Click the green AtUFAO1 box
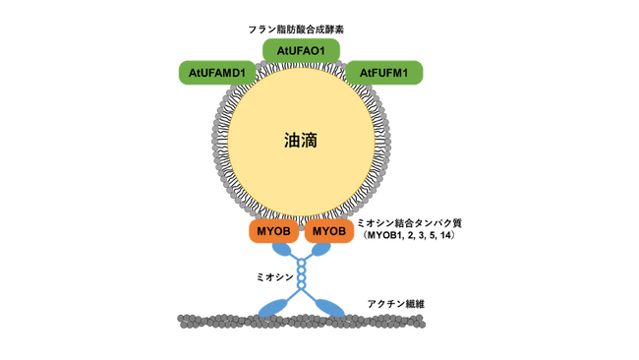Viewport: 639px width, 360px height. (301, 50)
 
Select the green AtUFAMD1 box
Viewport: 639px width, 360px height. (217, 73)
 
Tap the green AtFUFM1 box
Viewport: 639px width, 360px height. (383, 73)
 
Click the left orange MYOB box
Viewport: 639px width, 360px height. (273, 231)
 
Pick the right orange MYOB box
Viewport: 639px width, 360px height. (329, 231)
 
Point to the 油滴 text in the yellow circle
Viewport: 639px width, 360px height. (301, 141)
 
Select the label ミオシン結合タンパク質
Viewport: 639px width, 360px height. (409, 223)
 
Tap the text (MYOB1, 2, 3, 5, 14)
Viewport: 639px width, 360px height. (408, 236)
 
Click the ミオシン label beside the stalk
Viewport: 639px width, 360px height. (273, 278)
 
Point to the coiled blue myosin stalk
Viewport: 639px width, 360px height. (302, 276)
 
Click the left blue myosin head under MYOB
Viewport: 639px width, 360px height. (281, 252)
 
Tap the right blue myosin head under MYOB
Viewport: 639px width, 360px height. (321, 252)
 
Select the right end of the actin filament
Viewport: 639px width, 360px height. (424, 321)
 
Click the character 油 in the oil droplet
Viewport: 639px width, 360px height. (292, 141)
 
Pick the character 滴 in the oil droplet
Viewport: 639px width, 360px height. (310, 141)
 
